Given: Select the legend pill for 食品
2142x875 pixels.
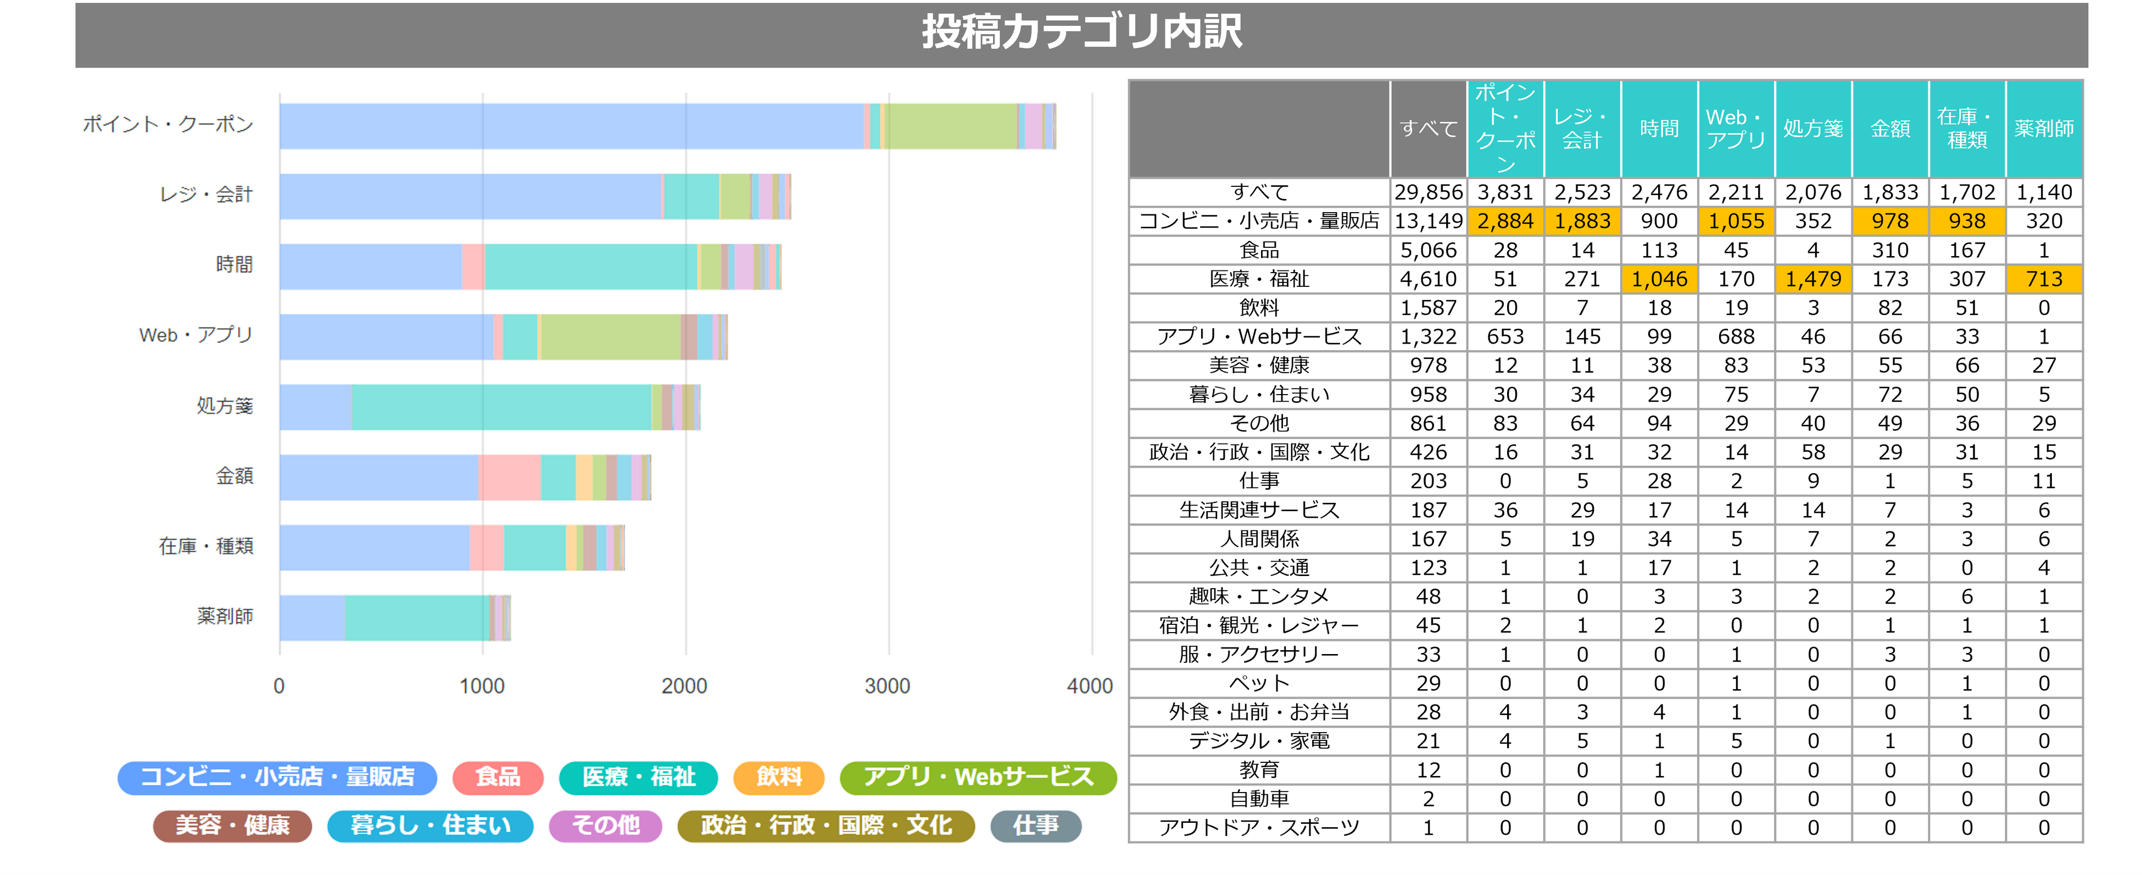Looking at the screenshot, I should [497, 777].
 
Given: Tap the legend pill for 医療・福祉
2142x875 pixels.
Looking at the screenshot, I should [638, 777].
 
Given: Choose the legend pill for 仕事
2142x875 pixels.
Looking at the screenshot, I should [1035, 825].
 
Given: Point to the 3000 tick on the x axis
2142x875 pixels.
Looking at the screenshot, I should [887, 686].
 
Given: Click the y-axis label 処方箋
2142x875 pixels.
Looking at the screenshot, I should [225, 406].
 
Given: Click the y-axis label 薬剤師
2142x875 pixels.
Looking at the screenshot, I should [225, 616].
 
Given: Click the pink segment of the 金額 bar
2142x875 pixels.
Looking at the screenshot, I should [510, 478].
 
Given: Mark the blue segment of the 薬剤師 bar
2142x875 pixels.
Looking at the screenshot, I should [313, 618].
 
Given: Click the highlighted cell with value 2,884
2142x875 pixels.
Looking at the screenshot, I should [1505, 221].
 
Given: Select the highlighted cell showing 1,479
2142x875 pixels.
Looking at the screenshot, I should [1812, 279].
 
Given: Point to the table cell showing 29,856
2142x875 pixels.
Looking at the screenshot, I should [1427, 192].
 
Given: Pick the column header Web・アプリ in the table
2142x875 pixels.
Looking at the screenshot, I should [1736, 129].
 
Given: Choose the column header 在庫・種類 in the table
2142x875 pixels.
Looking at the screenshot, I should [1967, 129].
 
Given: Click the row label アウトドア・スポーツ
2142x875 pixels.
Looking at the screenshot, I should [1259, 828].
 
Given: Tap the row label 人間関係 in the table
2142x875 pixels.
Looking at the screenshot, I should [1259, 539].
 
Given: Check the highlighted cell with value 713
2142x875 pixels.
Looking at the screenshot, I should [2043, 279].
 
